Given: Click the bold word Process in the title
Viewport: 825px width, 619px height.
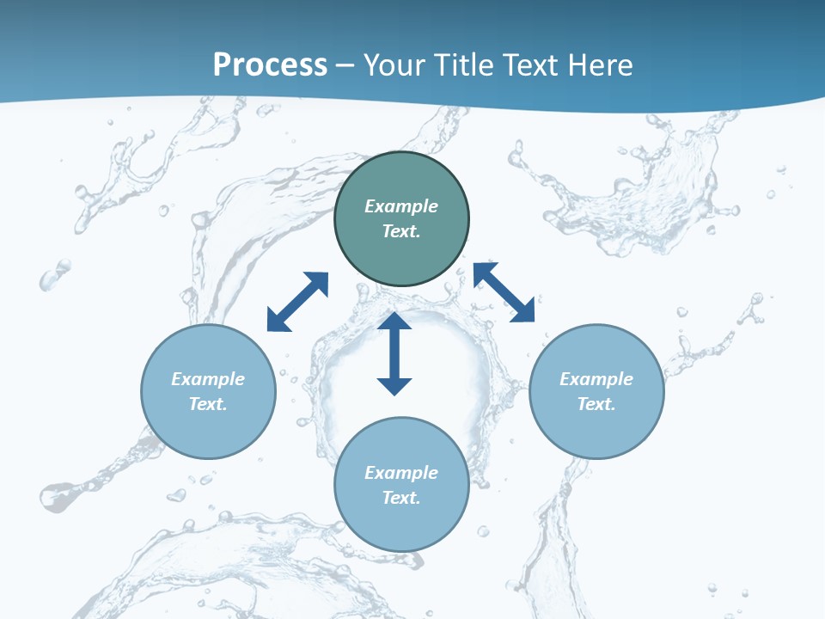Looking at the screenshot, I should [x=270, y=64].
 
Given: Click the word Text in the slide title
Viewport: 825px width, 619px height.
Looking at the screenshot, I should [x=530, y=64].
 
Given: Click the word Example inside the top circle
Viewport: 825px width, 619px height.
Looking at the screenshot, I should [x=401, y=206].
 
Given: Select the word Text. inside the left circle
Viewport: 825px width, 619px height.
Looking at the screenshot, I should [x=208, y=404].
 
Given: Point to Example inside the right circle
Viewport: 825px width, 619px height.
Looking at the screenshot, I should [x=596, y=379].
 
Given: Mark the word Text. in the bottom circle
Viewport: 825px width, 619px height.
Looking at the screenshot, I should [x=401, y=498].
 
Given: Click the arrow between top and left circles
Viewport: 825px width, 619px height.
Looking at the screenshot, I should [x=297, y=302].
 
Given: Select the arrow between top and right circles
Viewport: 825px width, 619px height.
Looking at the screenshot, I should [x=504, y=292].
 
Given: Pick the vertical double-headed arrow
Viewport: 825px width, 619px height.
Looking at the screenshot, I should [x=394, y=353].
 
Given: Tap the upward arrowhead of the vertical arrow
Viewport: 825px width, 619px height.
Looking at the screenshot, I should [x=394, y=322].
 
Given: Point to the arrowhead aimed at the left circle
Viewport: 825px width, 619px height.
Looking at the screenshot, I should [x=278, y=321].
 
